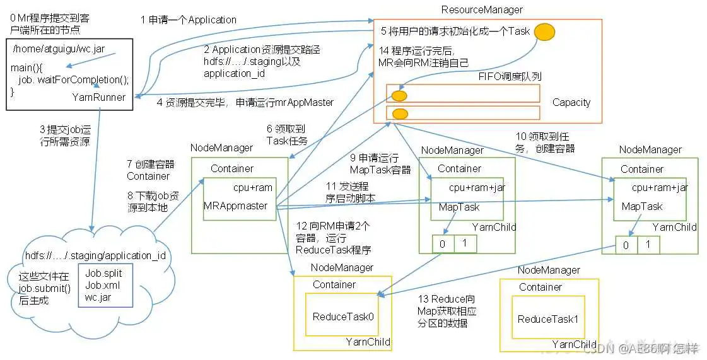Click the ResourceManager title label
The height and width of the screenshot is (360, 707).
(481, 9)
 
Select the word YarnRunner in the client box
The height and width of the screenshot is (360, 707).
(98, 97)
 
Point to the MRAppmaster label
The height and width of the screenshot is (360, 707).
(235, 206)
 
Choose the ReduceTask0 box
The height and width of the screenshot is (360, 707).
(343, 317)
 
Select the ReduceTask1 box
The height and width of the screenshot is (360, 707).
(547, 319)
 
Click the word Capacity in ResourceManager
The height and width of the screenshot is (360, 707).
(571, 102)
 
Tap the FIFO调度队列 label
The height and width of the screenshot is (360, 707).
(510, 76)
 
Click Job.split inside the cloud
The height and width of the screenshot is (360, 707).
(103, 274)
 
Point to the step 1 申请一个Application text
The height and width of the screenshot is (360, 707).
(189, 20)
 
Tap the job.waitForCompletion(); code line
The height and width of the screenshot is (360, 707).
(74, 79)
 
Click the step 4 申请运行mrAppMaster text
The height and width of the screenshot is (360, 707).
(245, 103)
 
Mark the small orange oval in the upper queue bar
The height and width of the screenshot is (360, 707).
(399, 96)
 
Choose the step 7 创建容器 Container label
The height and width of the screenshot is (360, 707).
(150, 170)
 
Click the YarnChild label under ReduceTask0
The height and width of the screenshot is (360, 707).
(368, 342)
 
